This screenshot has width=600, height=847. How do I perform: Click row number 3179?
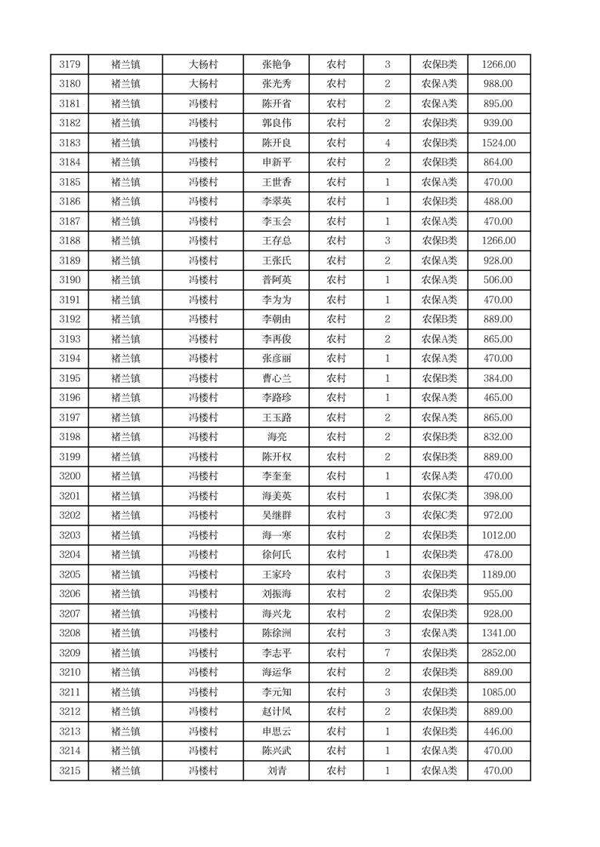pyautogui.click(x=70, y=64)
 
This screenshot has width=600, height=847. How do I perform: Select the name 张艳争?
pyautogui.click(x=276, y=64)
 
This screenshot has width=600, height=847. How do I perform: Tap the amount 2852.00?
pyautogui.click(x=499, y=653)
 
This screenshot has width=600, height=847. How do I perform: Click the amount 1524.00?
pyautogui.click(x=499, y=143)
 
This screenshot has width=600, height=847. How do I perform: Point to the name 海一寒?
pyautogui.click(x=276, y=535)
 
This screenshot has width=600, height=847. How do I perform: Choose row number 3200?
pyautogui.click(x=70, y=476)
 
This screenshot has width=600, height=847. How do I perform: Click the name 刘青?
pyautogui.click(x=276, y=771)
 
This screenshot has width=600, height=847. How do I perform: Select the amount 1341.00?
pyautogui.click(x=499, y=633)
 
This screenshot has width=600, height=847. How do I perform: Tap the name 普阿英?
pyautogui.click(x=276, y=280)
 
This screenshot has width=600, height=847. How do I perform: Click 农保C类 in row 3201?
pyautogui.click(x=439, y=496)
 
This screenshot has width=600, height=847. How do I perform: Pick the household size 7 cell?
pyautogui.click(x=387, y=653)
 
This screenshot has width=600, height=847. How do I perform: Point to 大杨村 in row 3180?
pyautogui.click(x=203, y=84)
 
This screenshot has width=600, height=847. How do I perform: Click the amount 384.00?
pyautogui.click(x=499, y=378)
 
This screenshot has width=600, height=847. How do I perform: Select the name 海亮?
pyautogui.click(x=276, y=437)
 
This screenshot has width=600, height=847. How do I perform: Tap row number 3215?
pyautogui.click(x=70, y=771)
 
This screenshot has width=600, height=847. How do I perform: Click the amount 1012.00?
pyautogui.click(x=499, y=535)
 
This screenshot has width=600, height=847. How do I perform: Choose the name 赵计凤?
pyautogui.click(x=276, y=712)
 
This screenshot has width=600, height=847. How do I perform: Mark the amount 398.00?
pyautogui.click(x=499, y=496)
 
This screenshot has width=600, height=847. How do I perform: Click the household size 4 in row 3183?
pyautogui.click(x=387, y=143)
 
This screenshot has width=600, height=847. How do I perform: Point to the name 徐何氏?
pyautogui.click(x=276, y=555)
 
